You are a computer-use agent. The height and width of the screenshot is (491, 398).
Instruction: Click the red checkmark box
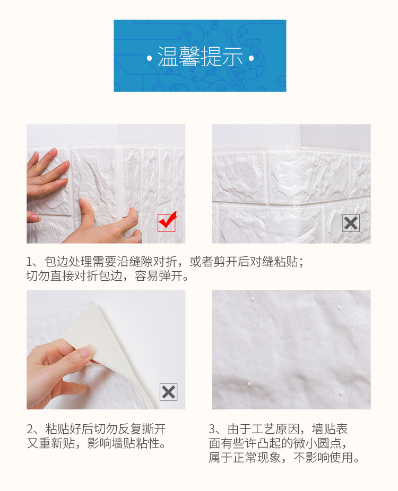pos(167,222)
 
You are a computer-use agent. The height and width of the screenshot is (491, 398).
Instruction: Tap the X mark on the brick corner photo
pos(351,223)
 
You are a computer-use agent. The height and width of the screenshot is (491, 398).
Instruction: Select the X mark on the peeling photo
pos(168,392)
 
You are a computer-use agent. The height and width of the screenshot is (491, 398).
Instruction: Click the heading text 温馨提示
pos(200,57)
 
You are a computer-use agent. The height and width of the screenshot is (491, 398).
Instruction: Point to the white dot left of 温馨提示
pos(149,58)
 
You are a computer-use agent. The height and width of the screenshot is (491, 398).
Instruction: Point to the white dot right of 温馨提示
pos(251,58)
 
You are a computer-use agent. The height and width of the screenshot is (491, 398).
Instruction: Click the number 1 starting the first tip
pos(29,262)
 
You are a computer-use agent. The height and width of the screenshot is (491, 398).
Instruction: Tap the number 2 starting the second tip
pos(30,429)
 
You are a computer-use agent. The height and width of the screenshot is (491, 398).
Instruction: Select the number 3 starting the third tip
pos(212,429)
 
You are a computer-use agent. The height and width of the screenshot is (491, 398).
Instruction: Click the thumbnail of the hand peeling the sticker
pos(106,350)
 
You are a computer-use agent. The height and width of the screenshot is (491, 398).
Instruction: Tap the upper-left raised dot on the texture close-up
pos(252,299)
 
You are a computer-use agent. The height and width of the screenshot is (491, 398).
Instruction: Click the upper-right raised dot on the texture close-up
pos(339,308)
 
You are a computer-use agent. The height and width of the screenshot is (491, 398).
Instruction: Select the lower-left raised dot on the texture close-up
pos(249,383)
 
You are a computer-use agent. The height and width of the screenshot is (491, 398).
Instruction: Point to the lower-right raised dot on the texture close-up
pos(341,392)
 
